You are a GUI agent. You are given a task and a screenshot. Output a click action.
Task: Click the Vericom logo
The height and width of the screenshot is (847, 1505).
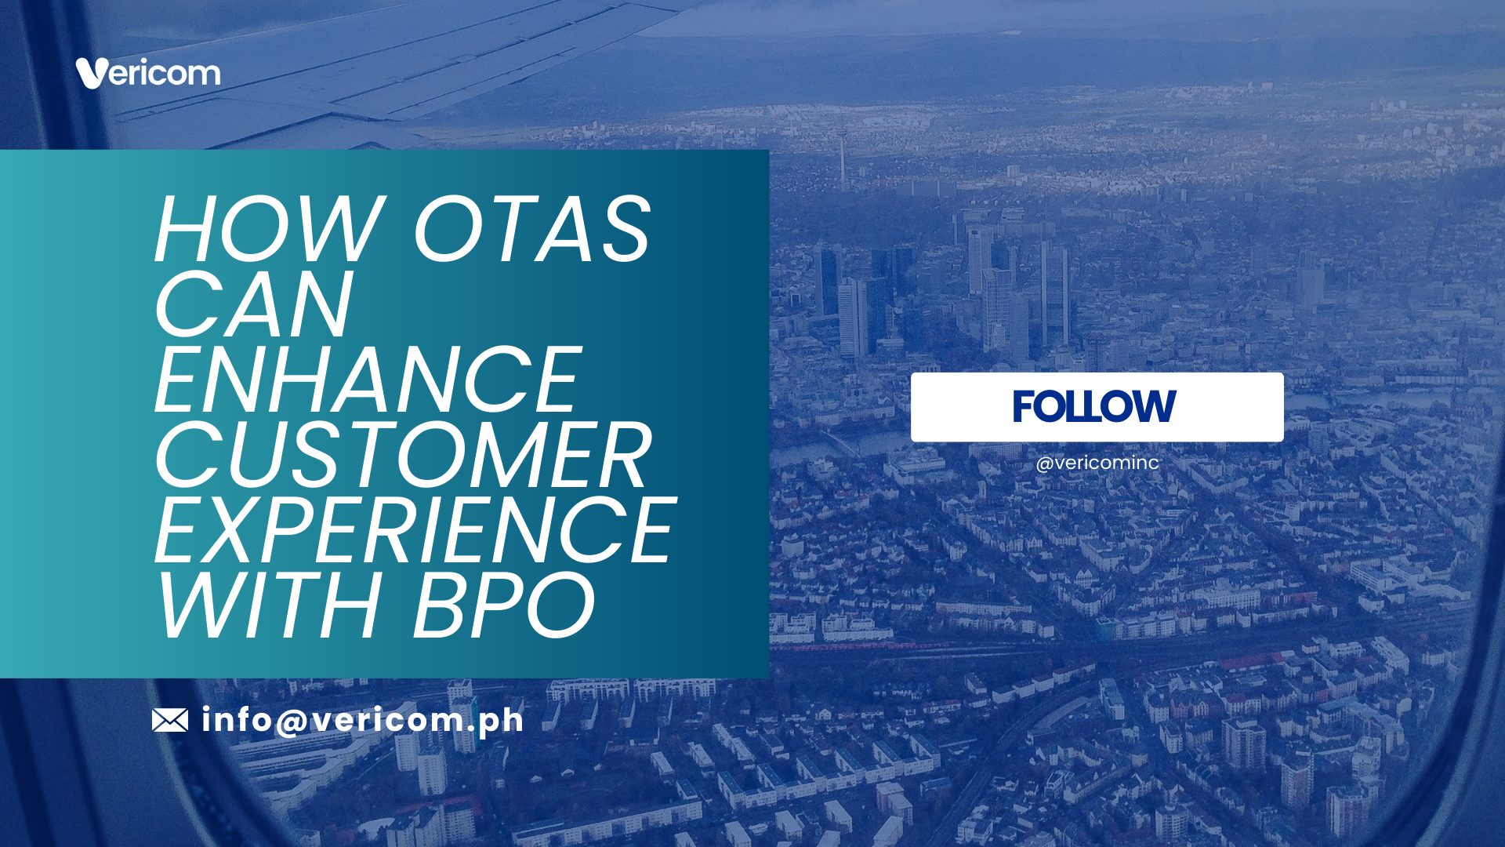(148, 73)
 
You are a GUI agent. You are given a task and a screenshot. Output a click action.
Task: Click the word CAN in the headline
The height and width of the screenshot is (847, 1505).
(253, 304)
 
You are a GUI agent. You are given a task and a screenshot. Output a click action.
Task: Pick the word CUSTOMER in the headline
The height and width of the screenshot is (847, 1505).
(403, 455)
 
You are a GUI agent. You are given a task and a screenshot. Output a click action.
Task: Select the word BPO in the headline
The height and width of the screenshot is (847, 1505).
(504, 605)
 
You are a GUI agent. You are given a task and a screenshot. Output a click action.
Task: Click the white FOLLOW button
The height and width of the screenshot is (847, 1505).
(1097, 407)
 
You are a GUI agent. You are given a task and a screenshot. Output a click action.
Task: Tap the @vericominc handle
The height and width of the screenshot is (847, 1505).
(1097, 463)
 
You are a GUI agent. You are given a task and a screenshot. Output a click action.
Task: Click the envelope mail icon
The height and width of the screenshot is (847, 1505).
(170, 720)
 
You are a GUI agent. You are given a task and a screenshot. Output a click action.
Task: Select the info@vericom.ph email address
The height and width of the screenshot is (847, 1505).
(362, 720)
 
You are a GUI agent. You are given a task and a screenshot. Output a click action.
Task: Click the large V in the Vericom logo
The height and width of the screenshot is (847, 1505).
(90, 73)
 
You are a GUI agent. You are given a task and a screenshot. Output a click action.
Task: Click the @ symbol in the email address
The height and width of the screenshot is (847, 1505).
(292, 721)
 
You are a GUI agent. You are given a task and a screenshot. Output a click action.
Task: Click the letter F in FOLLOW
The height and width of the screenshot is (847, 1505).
(1022, 406)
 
